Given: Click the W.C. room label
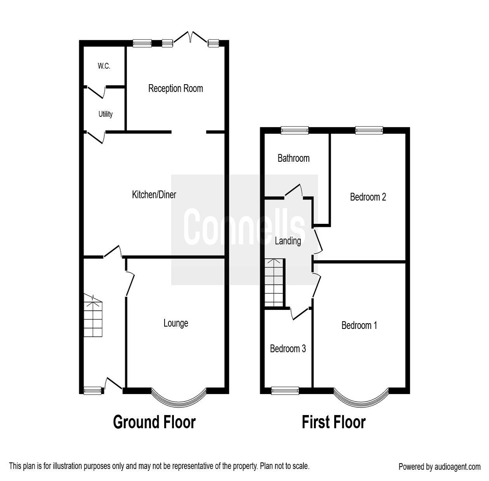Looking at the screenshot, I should click(104, 66).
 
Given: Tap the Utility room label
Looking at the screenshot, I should click(106, 114).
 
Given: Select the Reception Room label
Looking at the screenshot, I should click(175, 88).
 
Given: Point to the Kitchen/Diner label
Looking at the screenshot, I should click(154, 194).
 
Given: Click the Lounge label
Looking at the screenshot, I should click(176, 323).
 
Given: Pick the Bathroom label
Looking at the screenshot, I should click(293, 158).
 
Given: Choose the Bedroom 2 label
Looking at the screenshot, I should click(368, 197).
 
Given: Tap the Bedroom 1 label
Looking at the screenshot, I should click(359, 325).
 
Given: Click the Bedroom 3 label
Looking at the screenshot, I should click(288, 349).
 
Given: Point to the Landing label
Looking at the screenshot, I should click(288, 241).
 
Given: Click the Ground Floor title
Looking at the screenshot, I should click(154, 422).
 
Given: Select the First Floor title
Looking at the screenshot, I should click(333, 422).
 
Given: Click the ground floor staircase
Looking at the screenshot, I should click(93, 316).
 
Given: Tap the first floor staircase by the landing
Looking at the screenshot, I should click(275, 282).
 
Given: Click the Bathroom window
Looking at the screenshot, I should click(295, 130).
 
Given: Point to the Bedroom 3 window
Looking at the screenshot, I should click(285, 391).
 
